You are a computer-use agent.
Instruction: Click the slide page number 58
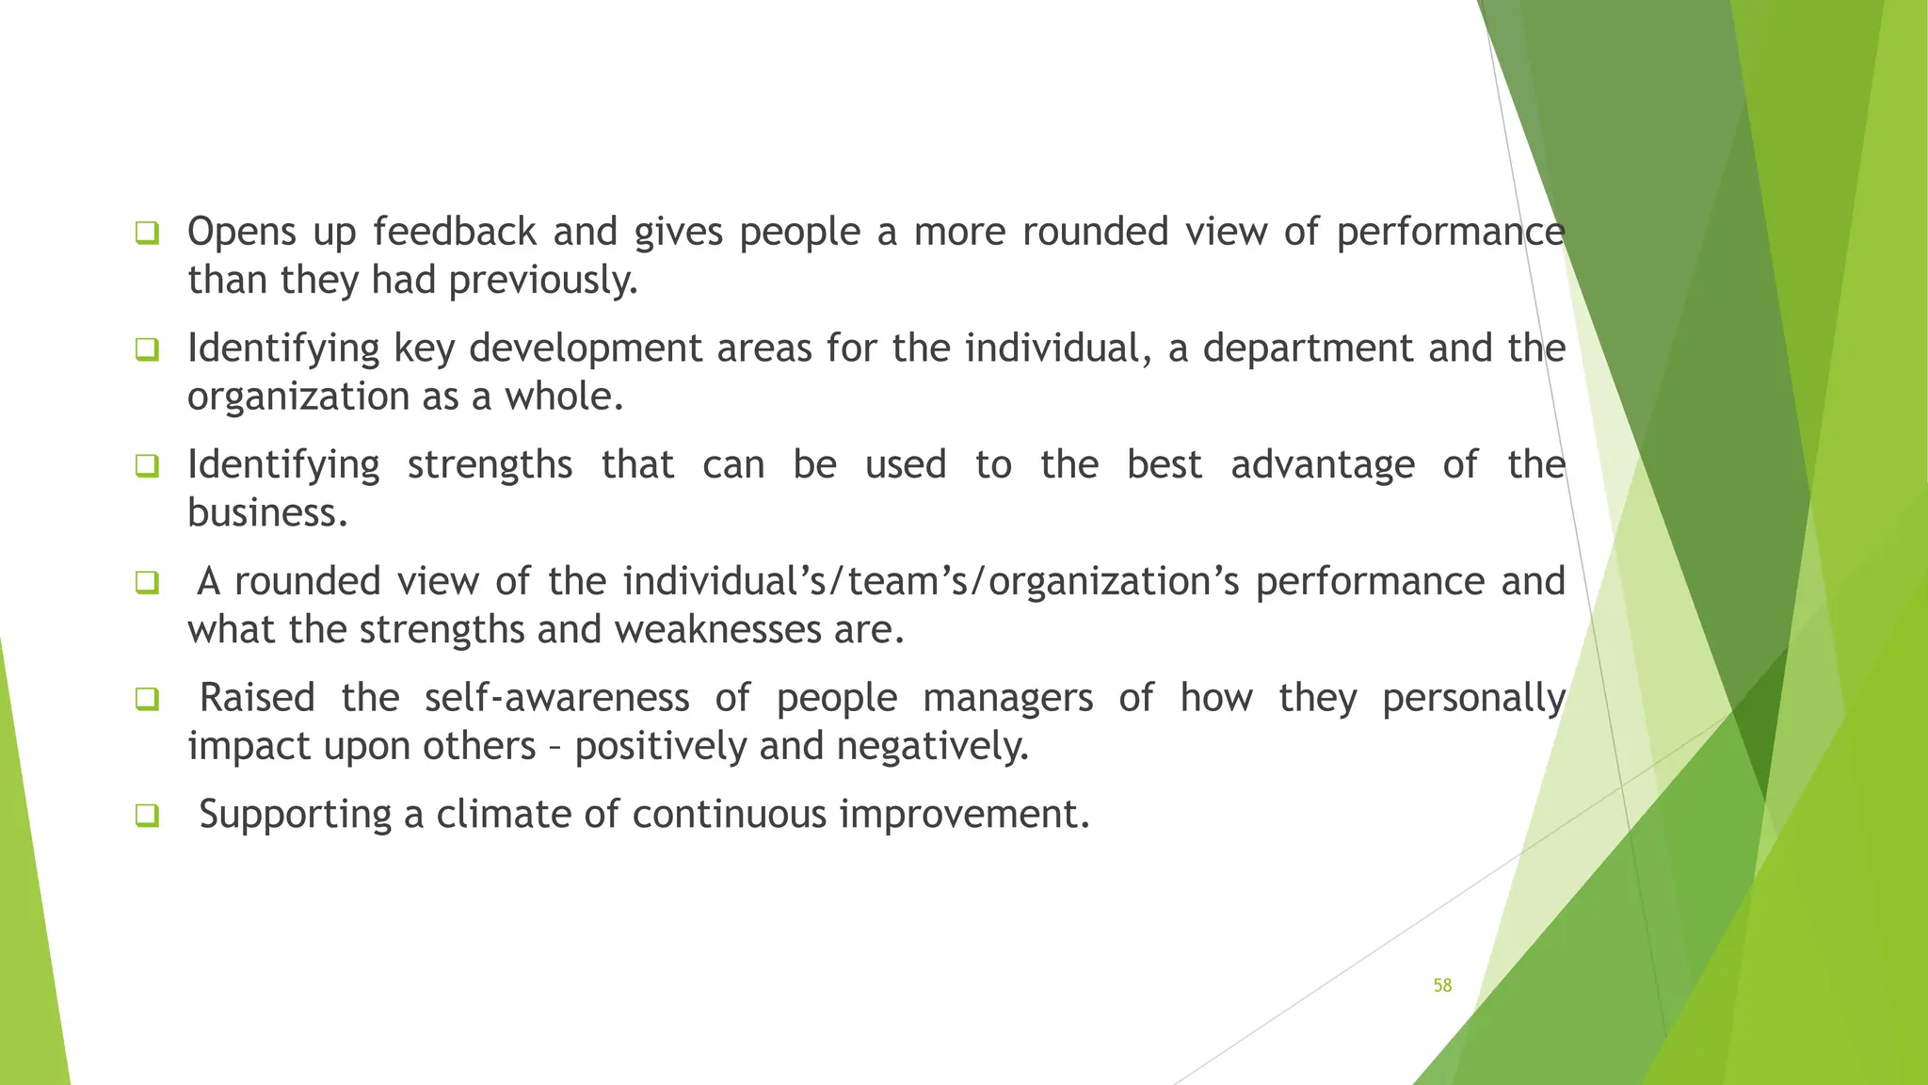pos(1442,985)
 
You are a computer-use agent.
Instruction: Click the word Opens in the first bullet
pos(242,232)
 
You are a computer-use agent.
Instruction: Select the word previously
pos(543,281)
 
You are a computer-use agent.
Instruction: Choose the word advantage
pos(1323,465)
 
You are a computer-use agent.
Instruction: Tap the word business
pos(267,513)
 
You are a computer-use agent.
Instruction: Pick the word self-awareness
pos(556,698)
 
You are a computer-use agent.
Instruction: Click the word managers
pos(1007,698)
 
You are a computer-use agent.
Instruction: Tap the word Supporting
pos(295,815)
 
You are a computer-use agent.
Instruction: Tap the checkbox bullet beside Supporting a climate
pos(147,815)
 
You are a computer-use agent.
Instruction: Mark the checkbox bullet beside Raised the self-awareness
pos(147,699)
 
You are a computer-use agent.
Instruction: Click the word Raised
pos(257,698)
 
